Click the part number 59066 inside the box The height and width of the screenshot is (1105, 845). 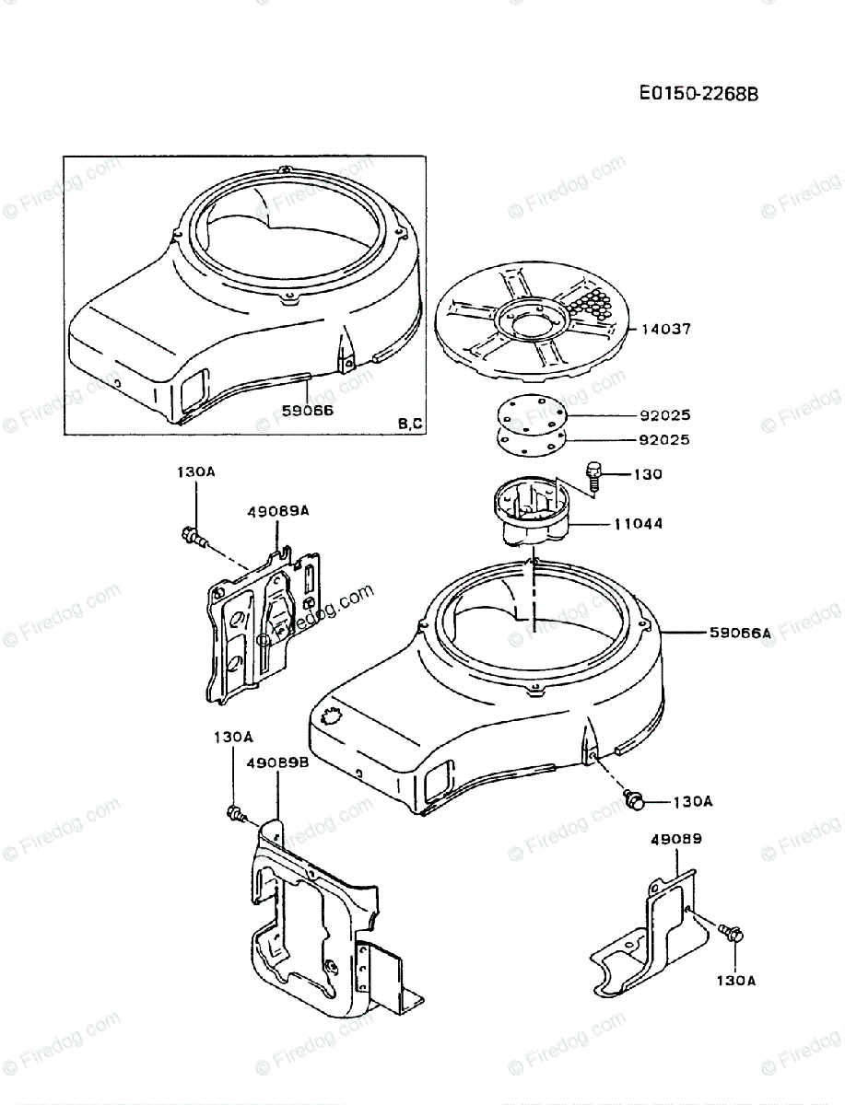(307, 411)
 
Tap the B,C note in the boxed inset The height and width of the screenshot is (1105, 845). (411, 424)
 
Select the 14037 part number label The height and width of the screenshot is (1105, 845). (662, 328)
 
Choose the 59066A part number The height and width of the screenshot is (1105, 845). (738, 633)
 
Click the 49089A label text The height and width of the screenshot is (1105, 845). (277, 510)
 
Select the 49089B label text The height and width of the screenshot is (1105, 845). (277, 762)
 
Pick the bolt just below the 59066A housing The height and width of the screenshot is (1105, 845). (634, 799)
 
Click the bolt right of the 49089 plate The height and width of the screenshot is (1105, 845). (734, 934)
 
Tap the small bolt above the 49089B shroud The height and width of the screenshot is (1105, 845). (235, 812)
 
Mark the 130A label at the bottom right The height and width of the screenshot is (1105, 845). (737, 982)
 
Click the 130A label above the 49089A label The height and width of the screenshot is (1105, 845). (195, 471)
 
